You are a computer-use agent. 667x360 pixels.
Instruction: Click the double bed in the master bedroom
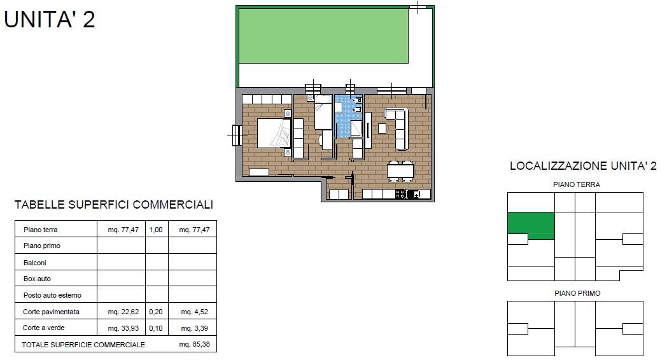coord(274,133)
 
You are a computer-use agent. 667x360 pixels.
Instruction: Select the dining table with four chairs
coord(400,171)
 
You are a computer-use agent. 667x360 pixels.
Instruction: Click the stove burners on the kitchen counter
coord(401,194)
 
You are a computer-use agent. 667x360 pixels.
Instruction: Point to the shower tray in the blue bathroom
coord(356,128)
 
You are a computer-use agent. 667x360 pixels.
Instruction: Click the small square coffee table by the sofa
coord(382,128)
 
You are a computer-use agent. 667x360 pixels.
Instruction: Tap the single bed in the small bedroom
coord(323,113)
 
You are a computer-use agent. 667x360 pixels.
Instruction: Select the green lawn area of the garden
coord(323,36)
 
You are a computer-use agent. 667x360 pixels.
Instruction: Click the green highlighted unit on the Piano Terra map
coord(531,223)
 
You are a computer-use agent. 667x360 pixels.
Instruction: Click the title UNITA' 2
coord(50,20)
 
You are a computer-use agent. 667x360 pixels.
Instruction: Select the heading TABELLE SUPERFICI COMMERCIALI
coord(113,205)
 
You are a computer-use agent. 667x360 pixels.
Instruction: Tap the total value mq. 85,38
coord(194,344)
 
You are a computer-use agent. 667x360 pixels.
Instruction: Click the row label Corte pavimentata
coord(51,312)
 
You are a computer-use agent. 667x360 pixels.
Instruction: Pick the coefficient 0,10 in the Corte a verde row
coord(156,328)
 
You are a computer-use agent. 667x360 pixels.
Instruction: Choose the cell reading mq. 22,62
coord(123,312)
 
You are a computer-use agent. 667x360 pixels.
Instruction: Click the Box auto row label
coord(37,279)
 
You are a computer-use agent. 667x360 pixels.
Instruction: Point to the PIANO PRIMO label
coord(577,293)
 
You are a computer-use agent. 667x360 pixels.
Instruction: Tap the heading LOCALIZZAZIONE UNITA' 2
coord(583,166)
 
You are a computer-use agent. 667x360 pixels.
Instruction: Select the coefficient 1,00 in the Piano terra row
coord(156,230)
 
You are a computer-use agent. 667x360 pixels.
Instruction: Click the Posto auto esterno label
coord(52,295)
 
